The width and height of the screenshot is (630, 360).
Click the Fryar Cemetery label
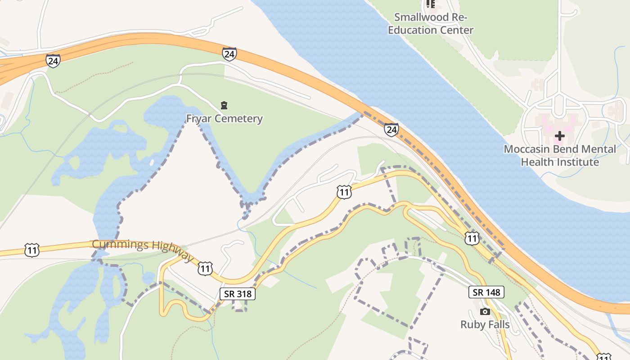click(x=224, y=119)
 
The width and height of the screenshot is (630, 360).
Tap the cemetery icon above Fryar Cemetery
click(x=224, y=106)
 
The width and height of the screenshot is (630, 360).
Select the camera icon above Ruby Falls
click(x=485, y=311)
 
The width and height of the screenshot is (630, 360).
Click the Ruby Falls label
click(x=485, y=324)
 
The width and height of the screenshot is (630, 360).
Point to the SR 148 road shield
click(x=486, y=292)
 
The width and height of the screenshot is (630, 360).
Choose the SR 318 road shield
click(x=238, y=294)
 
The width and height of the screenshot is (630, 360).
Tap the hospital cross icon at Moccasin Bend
click(x=559, y=135)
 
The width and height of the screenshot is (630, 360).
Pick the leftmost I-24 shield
click(x=53, y=60)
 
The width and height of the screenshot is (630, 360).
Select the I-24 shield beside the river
click(x=391, y=130)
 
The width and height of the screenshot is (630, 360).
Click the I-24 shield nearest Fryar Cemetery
click(x=229, y=54)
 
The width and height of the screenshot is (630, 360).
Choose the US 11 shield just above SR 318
click(x=205, y=269)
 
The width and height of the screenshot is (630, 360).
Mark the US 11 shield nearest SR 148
click(x=472, y=238)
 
